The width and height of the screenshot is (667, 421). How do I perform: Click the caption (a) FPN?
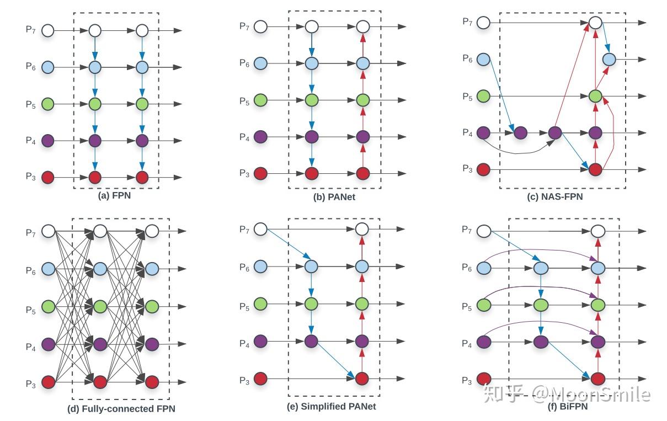(114, 196)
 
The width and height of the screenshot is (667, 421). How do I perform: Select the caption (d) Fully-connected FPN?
(121, 409)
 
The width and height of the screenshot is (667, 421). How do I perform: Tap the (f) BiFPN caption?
(568, 407)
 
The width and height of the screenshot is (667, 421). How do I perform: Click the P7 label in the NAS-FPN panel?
(467, 22)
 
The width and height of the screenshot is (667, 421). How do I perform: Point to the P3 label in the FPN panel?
(31, 177)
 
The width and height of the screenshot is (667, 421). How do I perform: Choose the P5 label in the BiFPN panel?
(467, 307)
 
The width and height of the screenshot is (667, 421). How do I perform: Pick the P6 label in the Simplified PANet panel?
(244, 268)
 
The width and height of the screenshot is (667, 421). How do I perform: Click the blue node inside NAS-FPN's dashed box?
(609, 59)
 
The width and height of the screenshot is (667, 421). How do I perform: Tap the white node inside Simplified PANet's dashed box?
(362, 229)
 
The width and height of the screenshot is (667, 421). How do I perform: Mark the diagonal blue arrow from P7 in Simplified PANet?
(289, 244)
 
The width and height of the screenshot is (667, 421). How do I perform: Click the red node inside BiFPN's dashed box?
(598, 379)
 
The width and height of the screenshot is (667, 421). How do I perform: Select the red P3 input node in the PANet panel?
(260, 173)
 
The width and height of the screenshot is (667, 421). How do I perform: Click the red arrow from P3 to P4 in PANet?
(362, 155)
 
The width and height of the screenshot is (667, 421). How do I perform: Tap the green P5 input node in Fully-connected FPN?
(48, 306)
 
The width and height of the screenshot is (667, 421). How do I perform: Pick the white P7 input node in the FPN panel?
(47, 30)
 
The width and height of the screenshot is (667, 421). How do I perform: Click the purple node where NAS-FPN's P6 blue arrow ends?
(520, 133)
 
